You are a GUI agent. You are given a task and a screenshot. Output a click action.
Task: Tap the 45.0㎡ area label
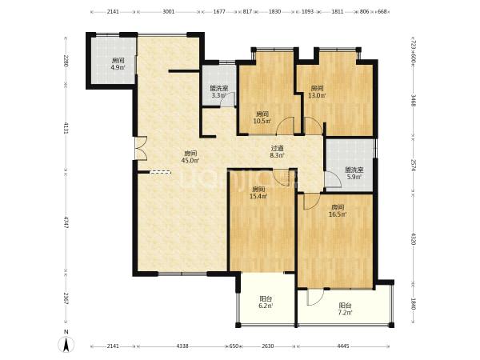[190, 157]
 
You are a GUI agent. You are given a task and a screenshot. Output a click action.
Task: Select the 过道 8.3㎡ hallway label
[278, 152]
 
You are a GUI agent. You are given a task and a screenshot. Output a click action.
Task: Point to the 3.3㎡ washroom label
[219, 92]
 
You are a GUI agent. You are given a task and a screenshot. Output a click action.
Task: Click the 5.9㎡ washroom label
[354, 174]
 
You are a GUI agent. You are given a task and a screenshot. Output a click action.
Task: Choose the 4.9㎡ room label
[118, 64]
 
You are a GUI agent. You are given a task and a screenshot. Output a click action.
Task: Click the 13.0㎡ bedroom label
[317, 92]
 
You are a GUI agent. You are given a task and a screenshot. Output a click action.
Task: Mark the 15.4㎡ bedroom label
[258, 193]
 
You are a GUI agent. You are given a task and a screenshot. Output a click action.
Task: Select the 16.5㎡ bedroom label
[338, 211]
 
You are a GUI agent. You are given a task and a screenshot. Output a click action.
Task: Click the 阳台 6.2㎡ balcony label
[266, 302]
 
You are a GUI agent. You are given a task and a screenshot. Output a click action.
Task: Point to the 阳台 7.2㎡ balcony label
[345, 309]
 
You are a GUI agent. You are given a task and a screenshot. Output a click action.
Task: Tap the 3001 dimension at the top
[168, 12]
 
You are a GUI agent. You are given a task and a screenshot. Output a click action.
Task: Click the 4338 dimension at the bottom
[182, 346]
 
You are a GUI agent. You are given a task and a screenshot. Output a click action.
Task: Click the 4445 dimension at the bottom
[343, 346]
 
